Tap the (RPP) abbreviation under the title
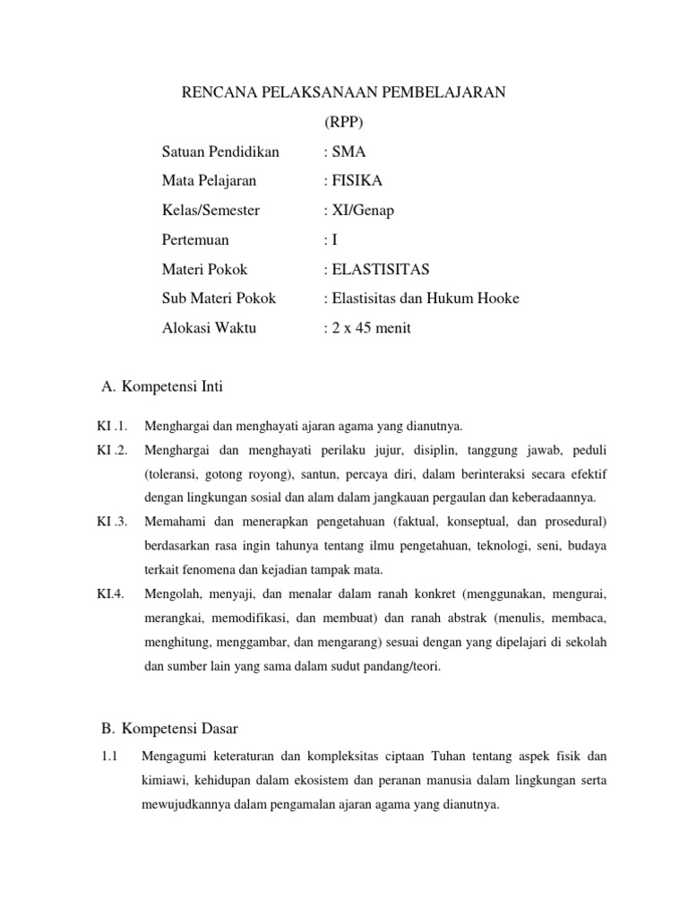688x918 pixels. pyautogui.click(x=345, y=122)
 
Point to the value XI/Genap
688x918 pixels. pyautogui.click(x=362, y=211)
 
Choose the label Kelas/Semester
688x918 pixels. pyautogui.click(x=211, y=211)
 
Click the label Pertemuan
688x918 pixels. pyautogui.click(x=195, y=240)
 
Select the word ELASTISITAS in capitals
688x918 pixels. pyautogui.click(x=379, y=269)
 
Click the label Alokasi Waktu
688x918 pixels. pyautogui.click(x=209, y=328)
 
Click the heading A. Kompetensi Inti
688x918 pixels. pyautogui.click(x=162, y=387)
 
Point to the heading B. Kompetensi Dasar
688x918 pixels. pyautogui.click(x=168, y=727)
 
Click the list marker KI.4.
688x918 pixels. pyautogui.click(x=110, y=593)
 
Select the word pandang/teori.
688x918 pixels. pyautogui.click(x=400, y=666)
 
